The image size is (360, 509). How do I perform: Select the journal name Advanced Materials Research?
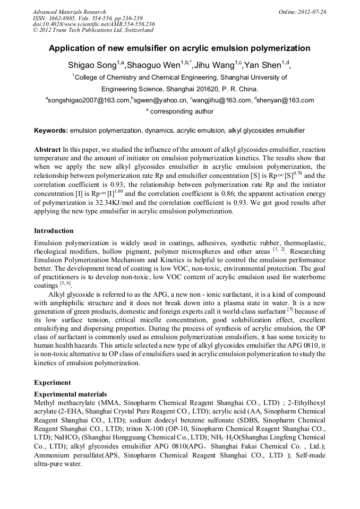[x=69, y=12]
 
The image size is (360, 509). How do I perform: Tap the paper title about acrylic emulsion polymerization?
[x=179, y=48]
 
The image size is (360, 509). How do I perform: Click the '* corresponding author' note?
[x=179, y=111]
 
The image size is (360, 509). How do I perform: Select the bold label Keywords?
[x=51, y=130]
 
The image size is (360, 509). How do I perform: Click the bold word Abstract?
[x=47, y=150]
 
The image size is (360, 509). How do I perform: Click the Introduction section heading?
[x=54, y=231]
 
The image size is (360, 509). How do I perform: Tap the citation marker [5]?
[x=290, y=309]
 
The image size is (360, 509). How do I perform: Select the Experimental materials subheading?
[x=70, y=394]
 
